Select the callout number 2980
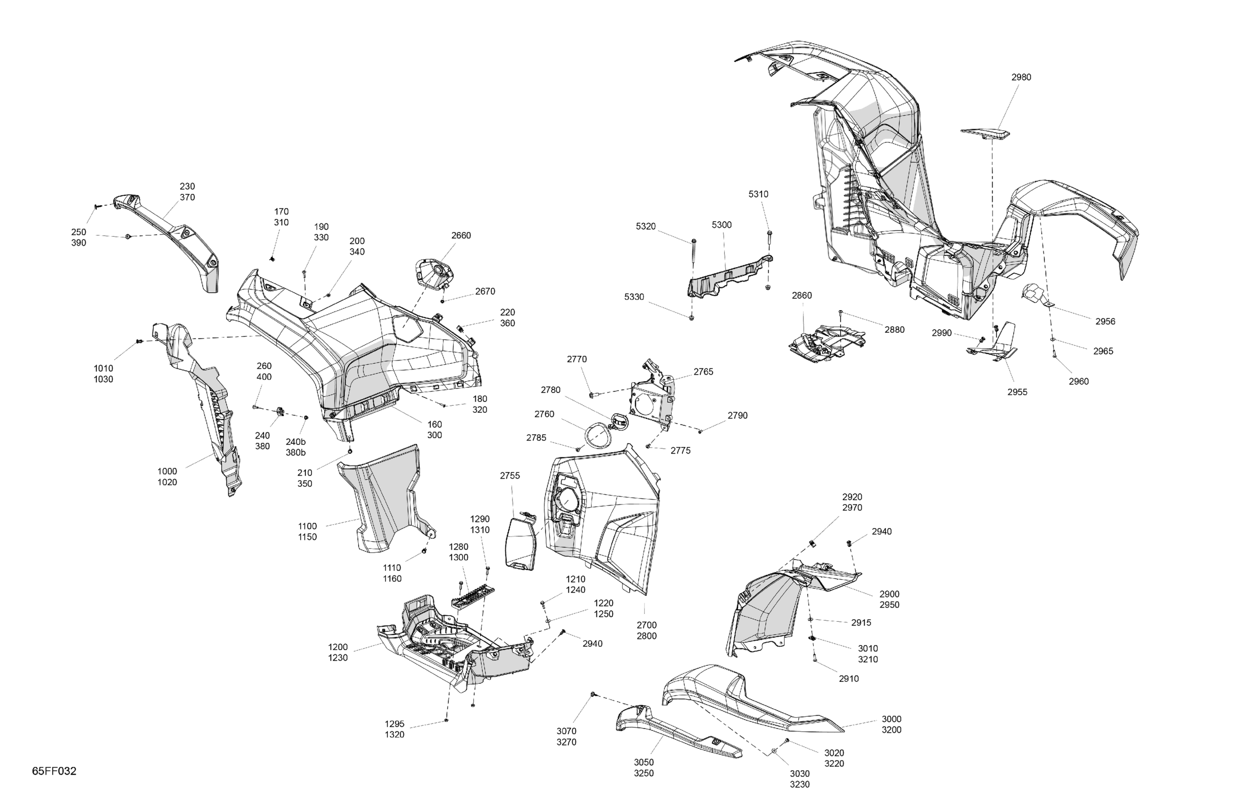(x=1021, y=77)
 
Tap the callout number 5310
(x=758, y=194)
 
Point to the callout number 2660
(x=460, y=235)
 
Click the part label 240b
(x=296, y=442)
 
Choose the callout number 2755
(x=510, y=476)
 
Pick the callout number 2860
(x=801, y=296)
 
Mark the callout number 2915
(x=861, y=623)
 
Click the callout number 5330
(x=633, y=297)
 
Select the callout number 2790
(x=737, y=416)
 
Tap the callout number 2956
(x=1105, y=321)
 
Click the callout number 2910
(x=848, y=679)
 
